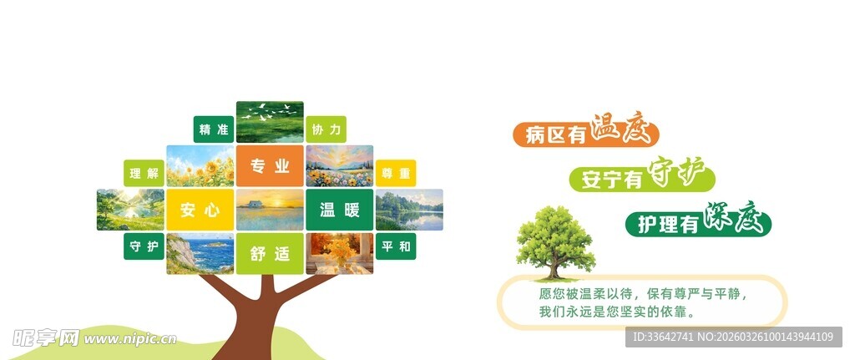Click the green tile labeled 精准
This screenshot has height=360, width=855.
point(213,129)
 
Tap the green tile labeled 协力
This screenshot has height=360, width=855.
point(326,129)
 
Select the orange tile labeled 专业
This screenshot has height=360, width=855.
point(270,165)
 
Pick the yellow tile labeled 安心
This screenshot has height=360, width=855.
point(200,210)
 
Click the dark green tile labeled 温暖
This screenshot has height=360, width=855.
point(339,210)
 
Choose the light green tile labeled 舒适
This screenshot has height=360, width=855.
point(270,253)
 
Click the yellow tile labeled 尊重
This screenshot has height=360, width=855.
point(396,174)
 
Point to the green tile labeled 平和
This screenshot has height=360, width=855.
point(396,246)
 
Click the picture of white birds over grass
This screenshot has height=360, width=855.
point(270,122)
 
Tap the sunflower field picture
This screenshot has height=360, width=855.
point(200,165)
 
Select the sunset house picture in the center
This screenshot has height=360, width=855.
point(270,210)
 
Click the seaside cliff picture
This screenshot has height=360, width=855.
point(200,253)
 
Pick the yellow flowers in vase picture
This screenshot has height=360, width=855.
point(339,253)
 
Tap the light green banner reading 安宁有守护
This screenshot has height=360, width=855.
point(643,178)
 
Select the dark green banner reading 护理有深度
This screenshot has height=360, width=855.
point(698,223)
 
